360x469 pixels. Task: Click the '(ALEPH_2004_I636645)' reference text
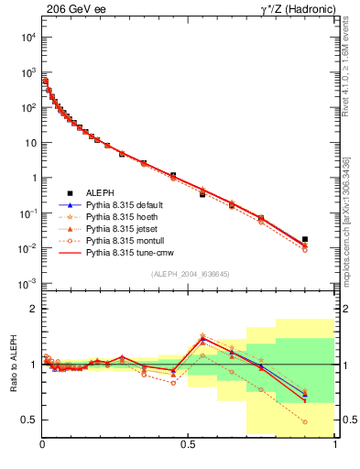click(190, 273)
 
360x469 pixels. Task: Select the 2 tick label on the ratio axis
click(33, 309)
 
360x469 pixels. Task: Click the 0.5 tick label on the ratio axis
click(29, 420)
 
